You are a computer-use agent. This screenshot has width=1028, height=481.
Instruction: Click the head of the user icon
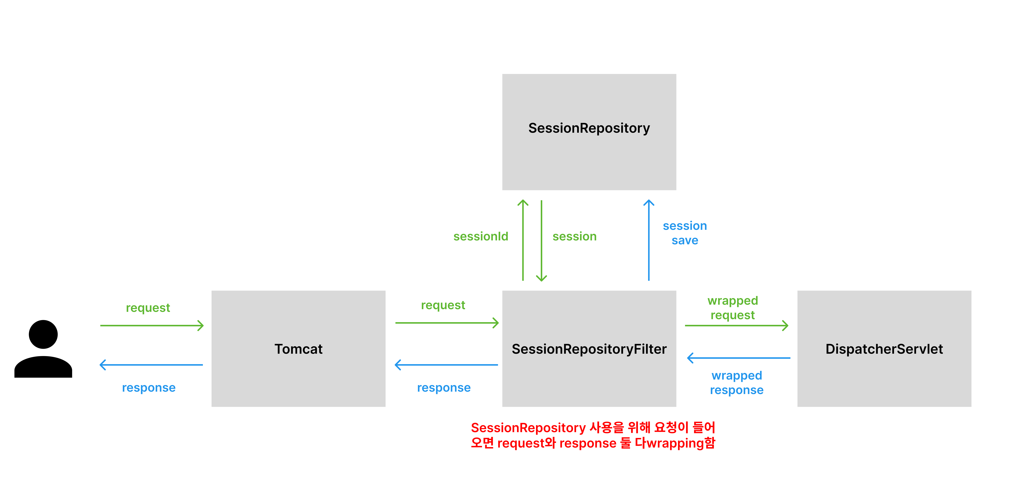[43, 334]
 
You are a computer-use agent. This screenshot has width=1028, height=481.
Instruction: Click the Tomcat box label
[299, 349]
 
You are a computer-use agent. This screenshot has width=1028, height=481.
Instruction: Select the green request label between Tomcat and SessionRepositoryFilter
[443, 305]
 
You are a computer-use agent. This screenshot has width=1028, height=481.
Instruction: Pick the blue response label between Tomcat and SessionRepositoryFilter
[444, 388]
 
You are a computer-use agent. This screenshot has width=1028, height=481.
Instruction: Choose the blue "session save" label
[685, 233]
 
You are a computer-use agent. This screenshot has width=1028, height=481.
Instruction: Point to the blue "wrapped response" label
[737, 383]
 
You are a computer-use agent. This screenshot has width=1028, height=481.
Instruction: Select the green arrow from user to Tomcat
[152, 325]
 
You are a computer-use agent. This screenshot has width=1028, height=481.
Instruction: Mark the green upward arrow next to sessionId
[523, 240]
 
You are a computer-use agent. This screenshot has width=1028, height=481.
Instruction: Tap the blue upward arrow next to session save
[649, 240]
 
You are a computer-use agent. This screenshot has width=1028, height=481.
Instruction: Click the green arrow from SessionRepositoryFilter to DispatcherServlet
[737, 325]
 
